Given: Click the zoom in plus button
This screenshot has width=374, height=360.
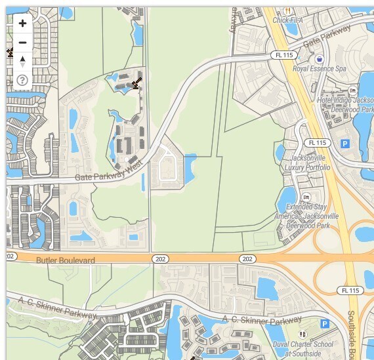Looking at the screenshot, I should pyautogui.click(x=22, y=24).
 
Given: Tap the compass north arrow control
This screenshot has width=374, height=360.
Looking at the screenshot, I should pyautogui.click(x=22, y=61).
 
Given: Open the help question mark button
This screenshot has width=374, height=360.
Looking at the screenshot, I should pyautogui.click(x=22, y=81).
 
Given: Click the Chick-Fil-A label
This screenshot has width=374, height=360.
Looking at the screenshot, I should pyautogui.click(x=290, y=20).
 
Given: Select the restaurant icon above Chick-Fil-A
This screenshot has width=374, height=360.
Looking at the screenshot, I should pyautogui.click(x=287, y=10).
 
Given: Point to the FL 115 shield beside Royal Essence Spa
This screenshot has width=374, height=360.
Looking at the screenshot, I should pyautogui.click(x=284, y=55).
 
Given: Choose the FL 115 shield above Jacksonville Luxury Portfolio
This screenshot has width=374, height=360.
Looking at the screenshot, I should pyautogui.click(x=316, y=142).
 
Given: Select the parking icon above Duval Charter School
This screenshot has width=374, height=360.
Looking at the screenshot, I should pyautogui.click(x=324, y=324).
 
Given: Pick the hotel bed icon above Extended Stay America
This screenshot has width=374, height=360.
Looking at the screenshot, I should pyautogui.click(x=306, y=197).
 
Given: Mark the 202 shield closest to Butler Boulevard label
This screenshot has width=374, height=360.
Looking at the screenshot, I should pyautogui.click(x=160, y=260).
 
